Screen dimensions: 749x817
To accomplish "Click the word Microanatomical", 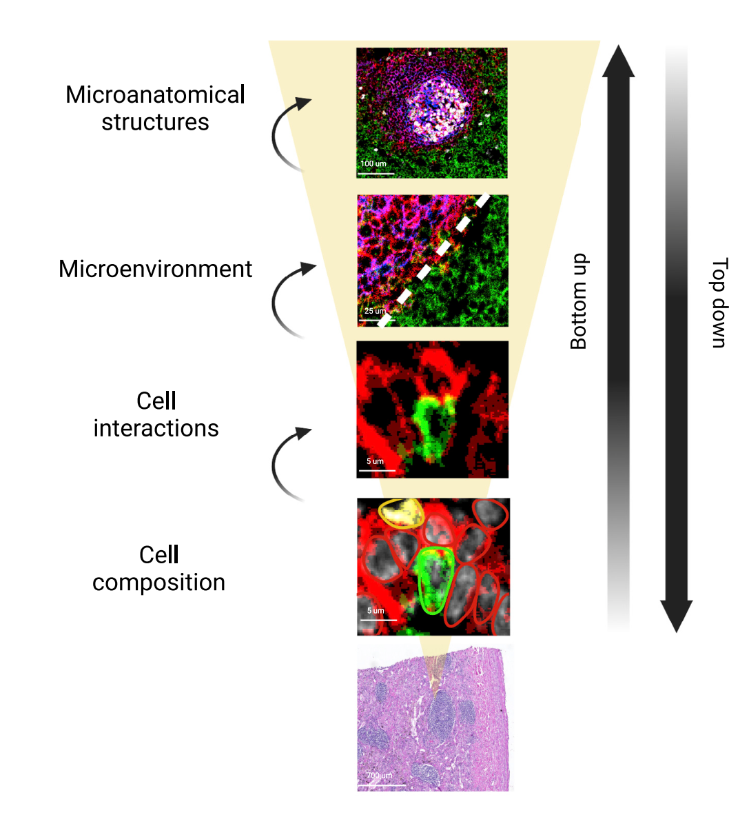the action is [x=155, y=95].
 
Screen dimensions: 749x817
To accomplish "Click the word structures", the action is [x=155, y=123].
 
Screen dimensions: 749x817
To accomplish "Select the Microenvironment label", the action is [x=155, y=270].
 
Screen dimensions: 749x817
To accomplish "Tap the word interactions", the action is [x=156, y=428].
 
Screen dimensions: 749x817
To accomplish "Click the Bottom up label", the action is [x=579, y=301].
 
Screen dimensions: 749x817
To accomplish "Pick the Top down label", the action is [x=719, y=302].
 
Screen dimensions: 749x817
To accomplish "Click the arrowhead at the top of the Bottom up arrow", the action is [x=618, y=60].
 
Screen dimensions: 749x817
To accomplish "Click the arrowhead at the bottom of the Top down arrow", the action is [x=676, y=616].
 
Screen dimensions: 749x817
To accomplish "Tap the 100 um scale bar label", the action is [x=373, y=163].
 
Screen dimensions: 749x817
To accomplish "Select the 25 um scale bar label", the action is [x=375, y=311].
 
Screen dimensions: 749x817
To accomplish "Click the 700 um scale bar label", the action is [x=379, y=776].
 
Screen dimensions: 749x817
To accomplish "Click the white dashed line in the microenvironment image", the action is [x=433, y=261].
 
